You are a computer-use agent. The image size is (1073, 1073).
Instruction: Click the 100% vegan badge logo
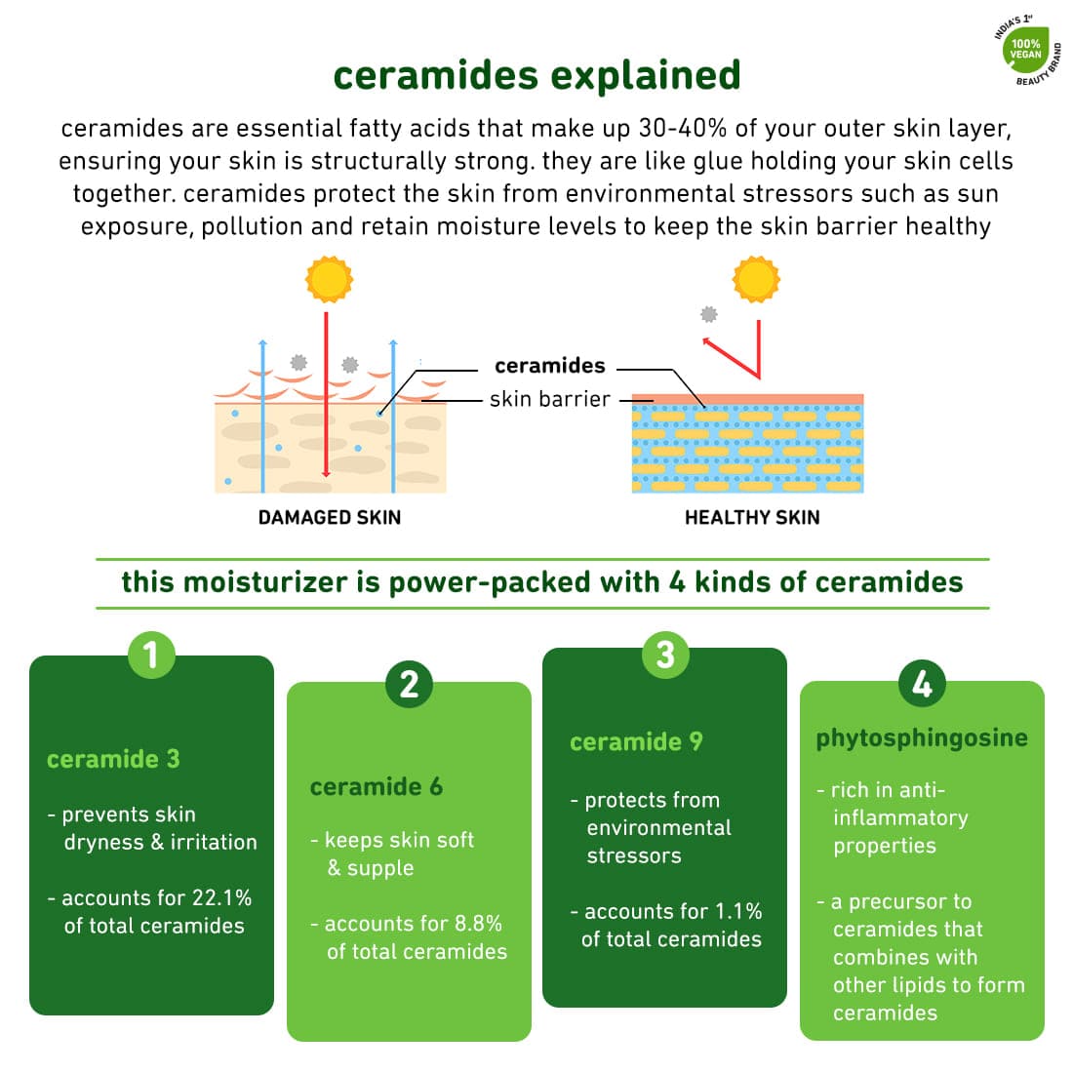(x=1027, y=51)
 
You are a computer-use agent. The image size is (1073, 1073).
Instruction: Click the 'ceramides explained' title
(x=537, y=74)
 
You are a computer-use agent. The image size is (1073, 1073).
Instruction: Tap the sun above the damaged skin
(x=329, y=279)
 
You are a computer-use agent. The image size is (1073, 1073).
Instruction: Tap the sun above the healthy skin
(x=756, y=279)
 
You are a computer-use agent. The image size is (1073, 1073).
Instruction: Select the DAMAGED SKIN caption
(x=330, y=517)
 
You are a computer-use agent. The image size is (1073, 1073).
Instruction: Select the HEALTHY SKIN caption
(x=752, y=517)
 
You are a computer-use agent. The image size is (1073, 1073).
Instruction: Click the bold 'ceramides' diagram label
(x=550, y=366)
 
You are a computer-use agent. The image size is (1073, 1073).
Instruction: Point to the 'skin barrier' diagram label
(x=550, y=399)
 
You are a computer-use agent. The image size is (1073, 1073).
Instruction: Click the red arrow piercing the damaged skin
(x=327, y=395)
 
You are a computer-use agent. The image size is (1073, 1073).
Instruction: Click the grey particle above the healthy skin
(x=709, y=314)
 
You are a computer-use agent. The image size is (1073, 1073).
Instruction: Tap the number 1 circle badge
(x=151, y=655)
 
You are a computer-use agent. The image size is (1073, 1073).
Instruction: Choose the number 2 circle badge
(x=410, y=684)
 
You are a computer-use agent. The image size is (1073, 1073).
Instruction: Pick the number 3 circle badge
(x=665, y=655)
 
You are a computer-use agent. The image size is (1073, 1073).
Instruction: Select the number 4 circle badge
(x=922, y=683)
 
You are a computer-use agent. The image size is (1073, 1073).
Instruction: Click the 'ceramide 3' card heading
(x=113, y=759)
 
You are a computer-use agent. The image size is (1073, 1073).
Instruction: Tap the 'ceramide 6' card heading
(x=377, y=787)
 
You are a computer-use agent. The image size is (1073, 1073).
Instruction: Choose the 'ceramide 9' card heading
(x=636, y=741)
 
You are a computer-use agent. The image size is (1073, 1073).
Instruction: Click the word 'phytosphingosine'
(x=922, y=739)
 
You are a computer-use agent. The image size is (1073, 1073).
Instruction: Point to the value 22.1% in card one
(x=221, y=897)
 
